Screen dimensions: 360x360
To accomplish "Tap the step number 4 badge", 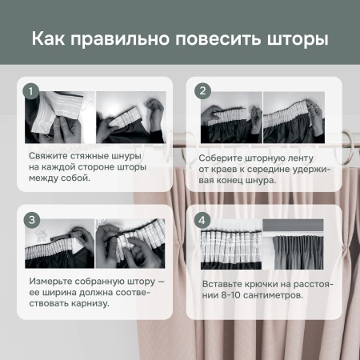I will click(x=202, y=218).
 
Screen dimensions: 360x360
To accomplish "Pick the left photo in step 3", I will click(x=60, y=245).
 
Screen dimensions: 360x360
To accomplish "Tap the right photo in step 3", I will click(x=130, y=245).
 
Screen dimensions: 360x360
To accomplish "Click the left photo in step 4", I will click(x=230, y=245).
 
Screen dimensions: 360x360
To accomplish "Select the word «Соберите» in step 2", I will click(x=222, y=158).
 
